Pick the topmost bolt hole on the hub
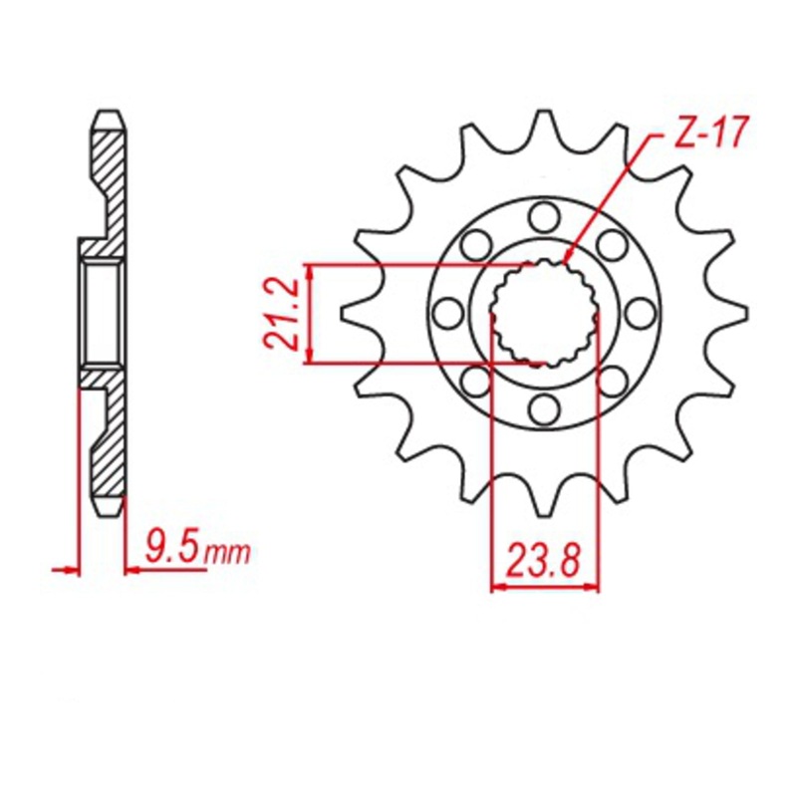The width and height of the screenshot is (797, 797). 544,214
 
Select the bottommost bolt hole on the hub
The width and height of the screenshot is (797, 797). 544,407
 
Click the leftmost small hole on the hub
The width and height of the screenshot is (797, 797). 447,312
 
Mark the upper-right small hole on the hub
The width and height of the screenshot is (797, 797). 612,243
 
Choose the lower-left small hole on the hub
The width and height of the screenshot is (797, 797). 476,380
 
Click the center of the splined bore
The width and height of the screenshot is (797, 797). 545,311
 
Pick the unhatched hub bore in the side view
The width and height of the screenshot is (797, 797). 102,311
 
